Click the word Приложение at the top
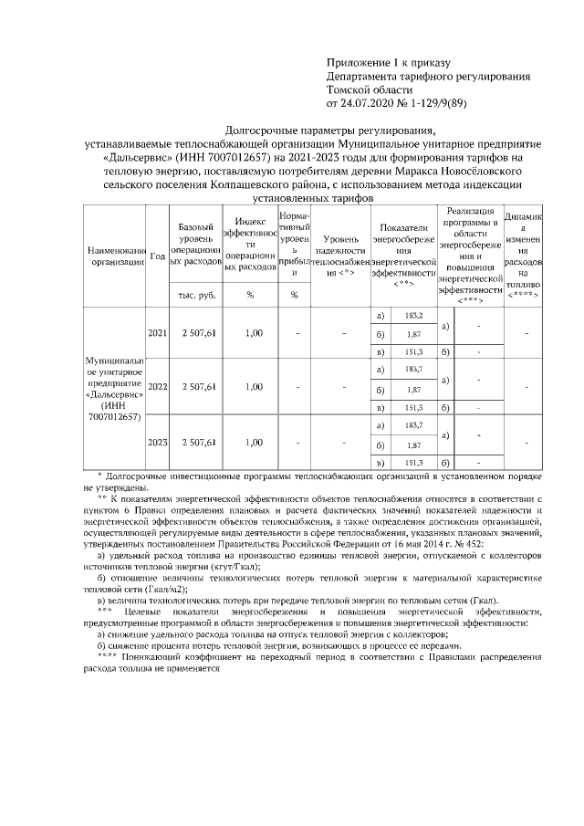(356, 63)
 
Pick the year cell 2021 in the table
(157, 333)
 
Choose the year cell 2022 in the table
(157, 387)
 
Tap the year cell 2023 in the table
(157, 442)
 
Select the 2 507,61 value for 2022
(198, 387)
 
